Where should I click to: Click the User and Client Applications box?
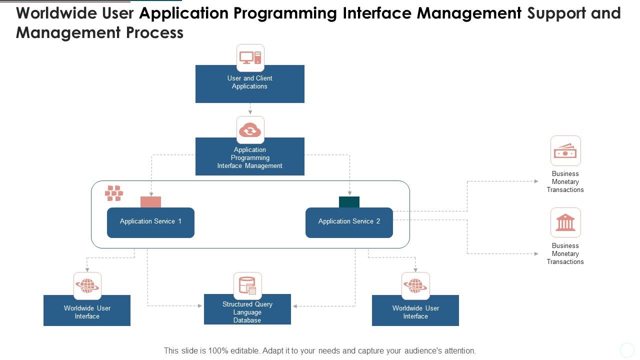click(x=249, y=86)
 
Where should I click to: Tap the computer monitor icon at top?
click(x=250, y=57)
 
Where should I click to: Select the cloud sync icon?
click(x=250, y=130)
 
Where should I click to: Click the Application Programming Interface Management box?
click(x=249, y=159)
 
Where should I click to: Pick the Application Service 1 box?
click(x=150, y=222)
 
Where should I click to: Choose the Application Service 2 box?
click(x=349, y=222)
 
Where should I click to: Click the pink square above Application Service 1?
click(x=150, y=202)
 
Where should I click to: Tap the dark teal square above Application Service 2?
click(x=349, y=202)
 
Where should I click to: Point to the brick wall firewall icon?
click(x=114, y=193)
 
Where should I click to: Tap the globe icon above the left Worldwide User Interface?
click(x=87, y=286)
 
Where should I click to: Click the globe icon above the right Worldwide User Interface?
click(x=415, y=286)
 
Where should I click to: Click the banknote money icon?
click(x=565, y=150)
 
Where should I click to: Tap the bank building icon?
click(x=565, y=222)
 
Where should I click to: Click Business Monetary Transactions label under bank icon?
click(x=565, y=253)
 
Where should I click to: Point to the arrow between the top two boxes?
click(x=250, y=109)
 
